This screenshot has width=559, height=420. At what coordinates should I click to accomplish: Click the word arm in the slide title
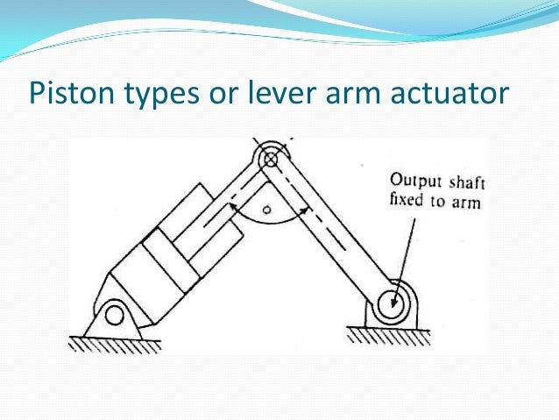pyautogui.click(x=361, y=93)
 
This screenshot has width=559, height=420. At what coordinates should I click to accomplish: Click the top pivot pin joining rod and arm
pyautogui.click(x=270, y=160)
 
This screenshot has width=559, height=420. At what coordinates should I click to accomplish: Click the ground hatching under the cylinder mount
pyautogui.click(x=114, y=343)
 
